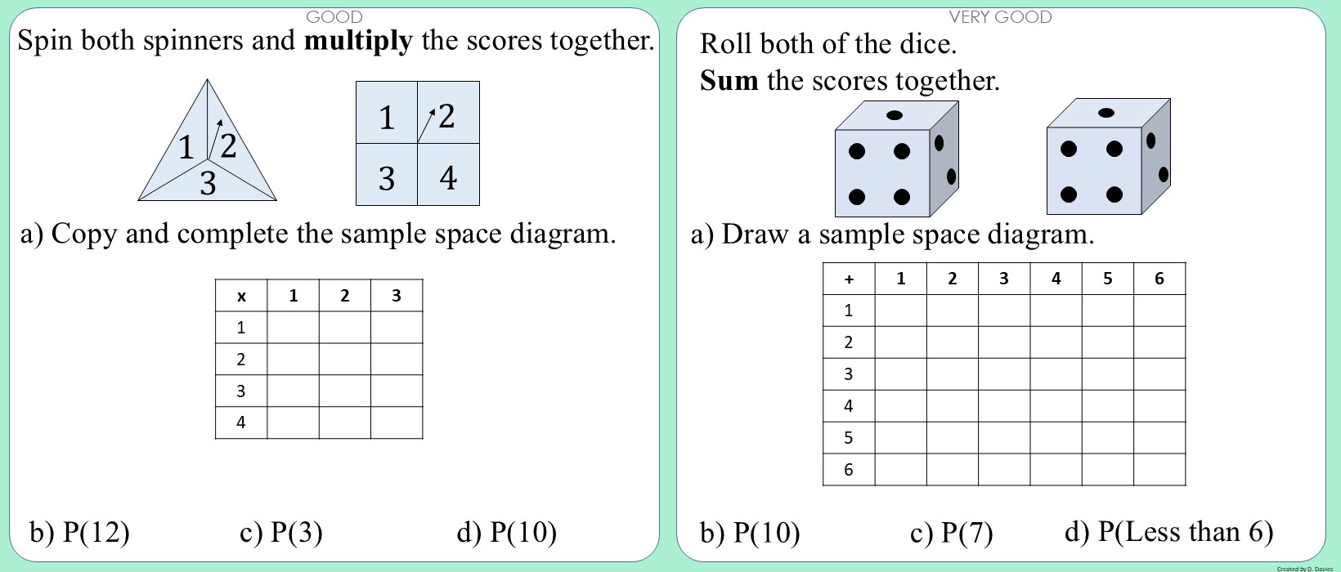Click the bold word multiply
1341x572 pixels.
358,42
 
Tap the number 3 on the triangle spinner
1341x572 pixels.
208,183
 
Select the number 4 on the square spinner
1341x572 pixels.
448,177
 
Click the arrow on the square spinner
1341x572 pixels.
426,126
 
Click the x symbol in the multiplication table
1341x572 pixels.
241,296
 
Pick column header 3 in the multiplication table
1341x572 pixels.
397,296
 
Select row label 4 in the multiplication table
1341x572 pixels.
240,422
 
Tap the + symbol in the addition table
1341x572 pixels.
849,279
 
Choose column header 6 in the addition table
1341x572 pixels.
1159,278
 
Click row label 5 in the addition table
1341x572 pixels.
848,438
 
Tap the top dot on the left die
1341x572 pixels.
895,115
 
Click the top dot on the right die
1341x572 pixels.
1106,113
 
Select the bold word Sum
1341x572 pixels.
729,80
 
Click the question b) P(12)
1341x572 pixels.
79,532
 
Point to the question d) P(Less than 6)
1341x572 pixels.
1169,532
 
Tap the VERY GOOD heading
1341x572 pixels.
1000,17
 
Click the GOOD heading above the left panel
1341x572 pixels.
334,17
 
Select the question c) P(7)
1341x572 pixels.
951,533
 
